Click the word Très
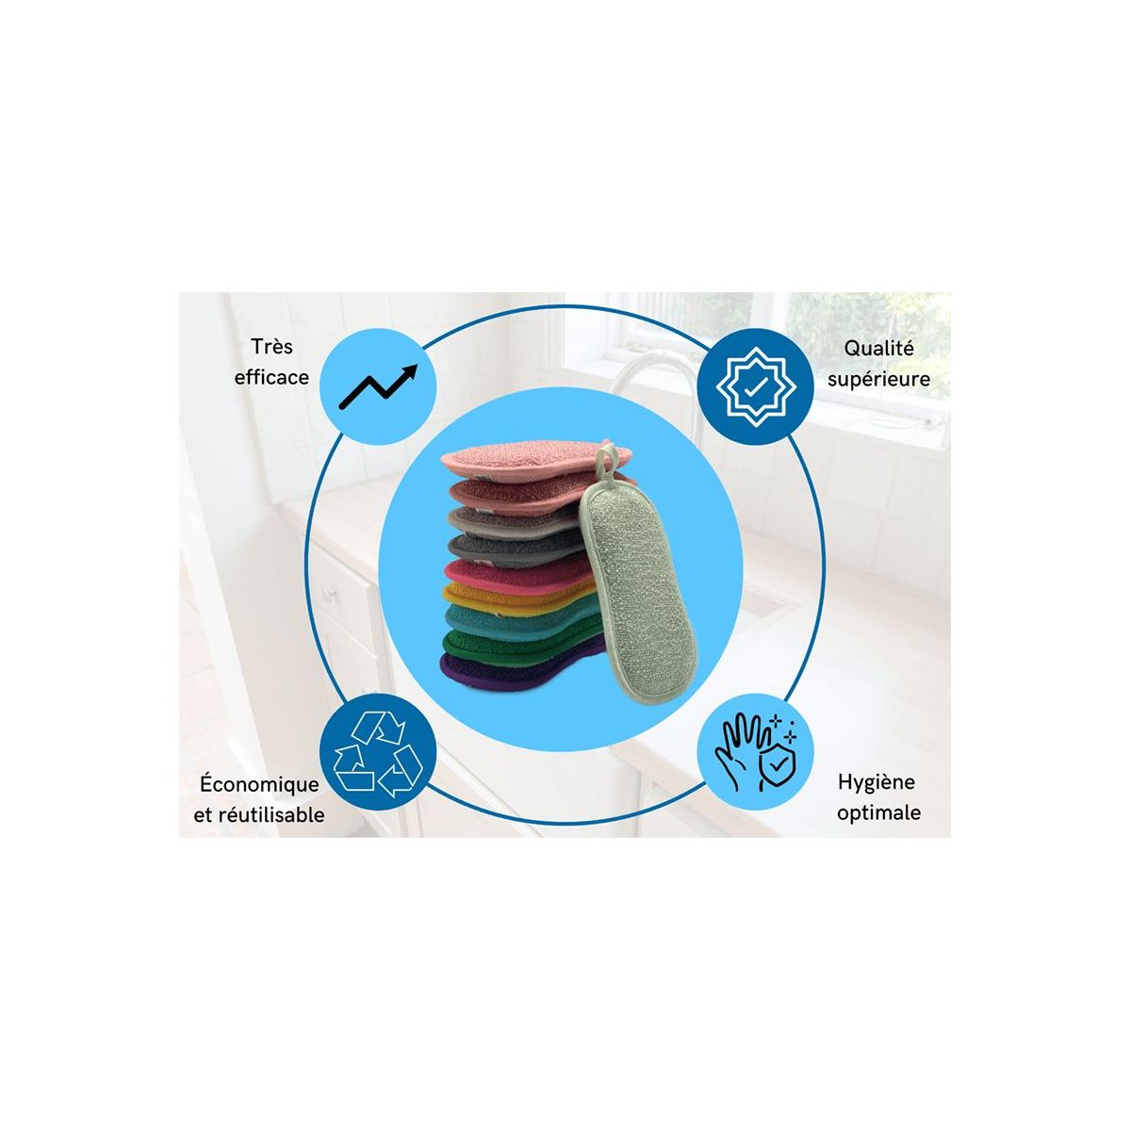click(271, 347)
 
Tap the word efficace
click(271, 377)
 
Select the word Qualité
click(878, 349)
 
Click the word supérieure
click(878, 379)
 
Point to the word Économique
click(259, 784)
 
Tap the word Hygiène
click(877, 782)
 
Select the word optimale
click(878, 813)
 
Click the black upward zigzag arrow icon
click(378, 386)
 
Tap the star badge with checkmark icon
click(755, 386)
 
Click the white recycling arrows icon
click(377, 755)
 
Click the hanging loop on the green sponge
click(606, 463)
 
